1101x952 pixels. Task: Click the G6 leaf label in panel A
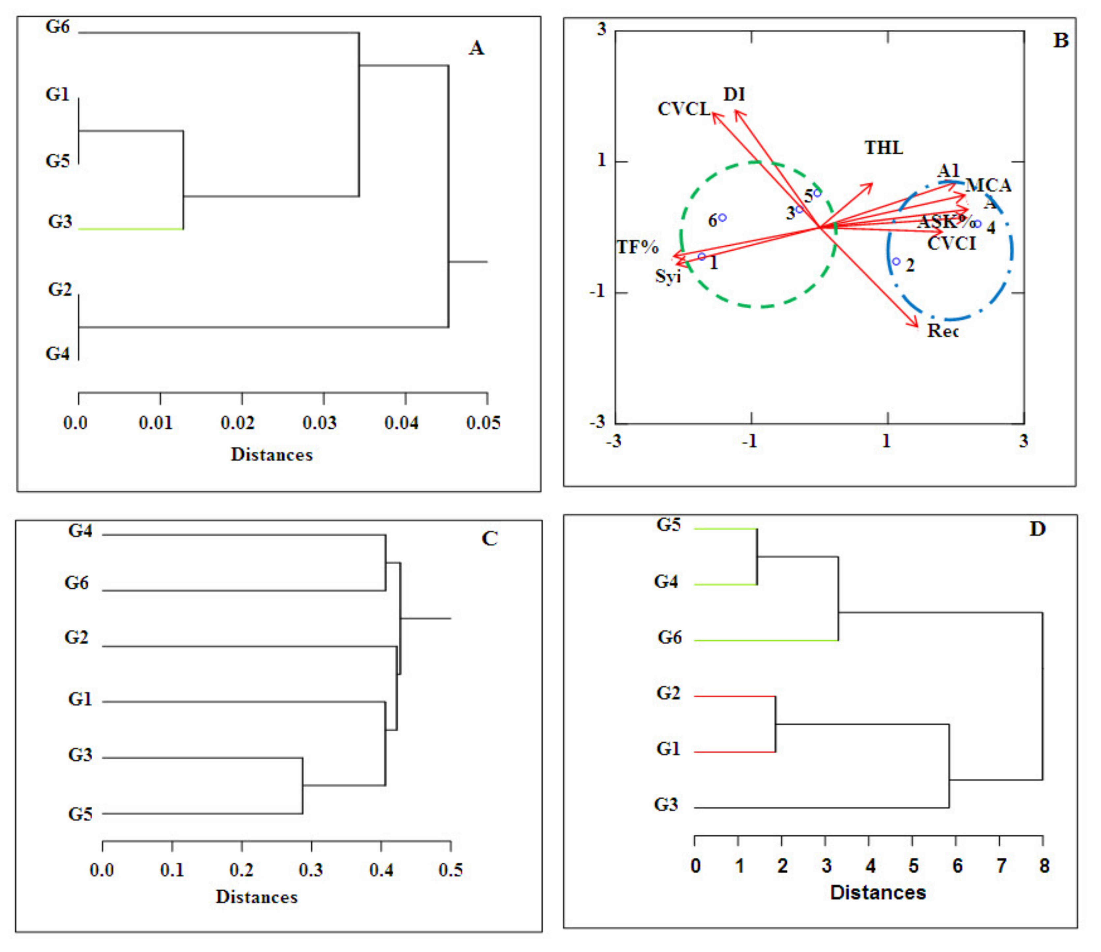(57, 27)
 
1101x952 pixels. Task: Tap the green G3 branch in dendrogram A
(131, 229)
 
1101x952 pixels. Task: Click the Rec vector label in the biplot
(943, 331)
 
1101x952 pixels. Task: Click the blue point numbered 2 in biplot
(896, 261)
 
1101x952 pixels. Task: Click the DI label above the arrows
(734, 95)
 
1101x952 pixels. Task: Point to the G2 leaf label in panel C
(77, 637)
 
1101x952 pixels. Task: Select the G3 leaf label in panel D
(666, 804)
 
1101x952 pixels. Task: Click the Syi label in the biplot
(667, 276)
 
